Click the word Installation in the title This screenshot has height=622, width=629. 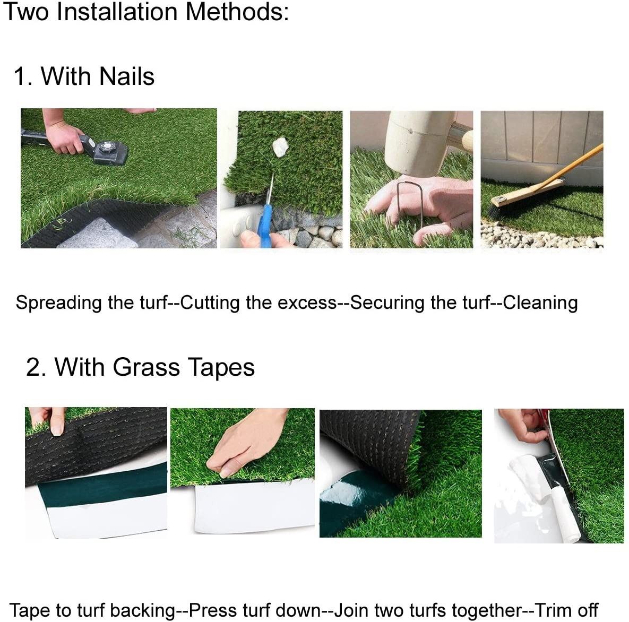pyautogui.click(x=117, y=12)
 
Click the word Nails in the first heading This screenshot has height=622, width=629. pyautogui.click(x=126, y=76)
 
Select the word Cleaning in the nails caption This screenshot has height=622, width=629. pyautogui.click(x=540, y=303)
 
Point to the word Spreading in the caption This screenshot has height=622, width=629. pyautogui.click(x=58, y=303)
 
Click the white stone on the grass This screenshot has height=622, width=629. pyautogui.click(x=280, y=147)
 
